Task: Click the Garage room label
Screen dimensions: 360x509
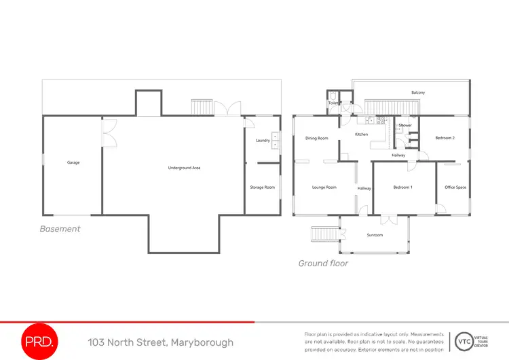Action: click(73, 162)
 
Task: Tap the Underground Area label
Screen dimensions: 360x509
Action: click(184, 167)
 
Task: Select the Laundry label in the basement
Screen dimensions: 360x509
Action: click(263, 141)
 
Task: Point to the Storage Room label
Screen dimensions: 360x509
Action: click(262, 187)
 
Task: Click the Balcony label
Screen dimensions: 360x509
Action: click(418, 92)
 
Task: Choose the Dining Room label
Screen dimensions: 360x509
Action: click(316, 138)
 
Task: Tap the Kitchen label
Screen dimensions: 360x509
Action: click(362, 134)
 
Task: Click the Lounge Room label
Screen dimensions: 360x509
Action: click(324, 187)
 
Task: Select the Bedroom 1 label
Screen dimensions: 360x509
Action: click(403, 187)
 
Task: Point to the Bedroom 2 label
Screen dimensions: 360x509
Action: click(445, 138)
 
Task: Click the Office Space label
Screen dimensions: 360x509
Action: click(455, 187)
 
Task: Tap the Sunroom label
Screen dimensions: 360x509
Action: click(375, 235)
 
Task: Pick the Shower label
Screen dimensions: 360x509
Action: click(405, 125)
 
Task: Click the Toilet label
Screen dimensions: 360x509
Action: click(333, 103)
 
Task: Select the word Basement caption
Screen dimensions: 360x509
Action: click(60, 229)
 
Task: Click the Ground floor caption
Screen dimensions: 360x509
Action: click(323, 263)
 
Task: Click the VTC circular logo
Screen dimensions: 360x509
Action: click(464, 341)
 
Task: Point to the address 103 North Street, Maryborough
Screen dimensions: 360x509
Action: click(160, 342)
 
